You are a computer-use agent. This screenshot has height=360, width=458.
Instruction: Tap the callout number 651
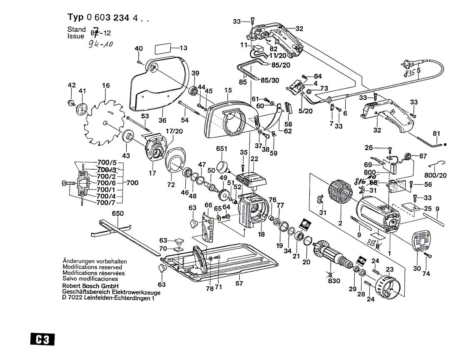222,149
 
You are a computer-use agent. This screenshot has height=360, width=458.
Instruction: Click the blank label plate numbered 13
165,48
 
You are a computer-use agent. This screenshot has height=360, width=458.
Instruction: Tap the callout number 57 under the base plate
239,283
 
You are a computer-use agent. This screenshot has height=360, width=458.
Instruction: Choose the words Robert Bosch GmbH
90,286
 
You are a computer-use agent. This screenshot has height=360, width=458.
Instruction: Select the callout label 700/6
105,183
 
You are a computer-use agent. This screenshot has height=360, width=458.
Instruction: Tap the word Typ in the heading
76,17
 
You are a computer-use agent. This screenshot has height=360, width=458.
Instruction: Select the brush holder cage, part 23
387,287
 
